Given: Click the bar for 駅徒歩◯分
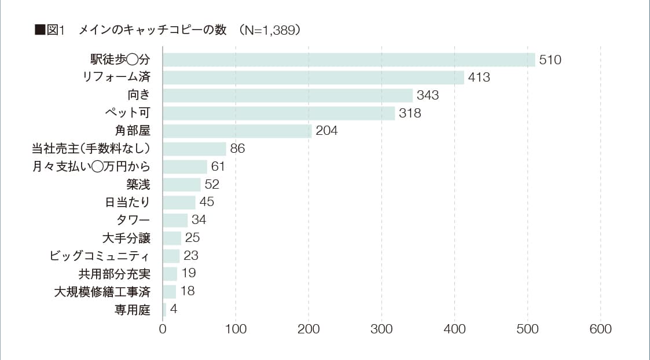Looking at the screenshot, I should point(349,60).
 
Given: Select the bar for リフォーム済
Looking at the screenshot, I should point(313,78).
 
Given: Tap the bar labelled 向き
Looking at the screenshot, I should point(288,95).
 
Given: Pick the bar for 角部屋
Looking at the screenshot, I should point(237,131).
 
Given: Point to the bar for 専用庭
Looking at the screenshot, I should point(164,310).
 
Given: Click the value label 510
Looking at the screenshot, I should point(550,60).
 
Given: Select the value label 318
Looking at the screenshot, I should point(410,113).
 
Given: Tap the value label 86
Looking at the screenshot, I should point(237,149).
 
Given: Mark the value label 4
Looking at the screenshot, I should point(174,309).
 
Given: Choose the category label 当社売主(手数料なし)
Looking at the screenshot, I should point(91,149).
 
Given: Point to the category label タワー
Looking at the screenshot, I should point(133,221).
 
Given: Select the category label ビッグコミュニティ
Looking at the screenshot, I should point(100,256).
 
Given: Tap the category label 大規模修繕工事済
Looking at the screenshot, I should point(102,292).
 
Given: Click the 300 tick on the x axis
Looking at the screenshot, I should point(381,329).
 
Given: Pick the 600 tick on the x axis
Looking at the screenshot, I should point(600,329).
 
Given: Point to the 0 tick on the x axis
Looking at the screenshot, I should point(163,329).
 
